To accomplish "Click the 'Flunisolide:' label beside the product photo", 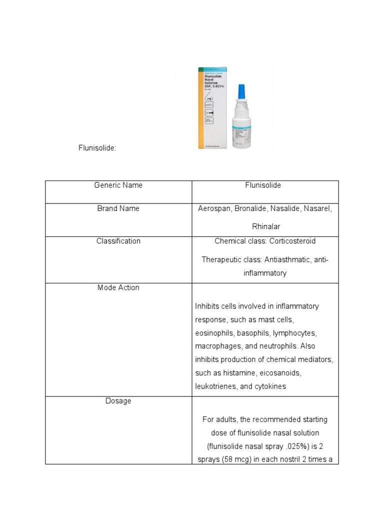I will click(x=97, y=148).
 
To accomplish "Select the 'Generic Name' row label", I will click(x=118, y=185).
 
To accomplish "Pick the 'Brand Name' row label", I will click(x=118, y=208).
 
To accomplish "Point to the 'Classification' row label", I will click(x=118, y=241).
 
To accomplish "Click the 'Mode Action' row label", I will click(x=118, y=287).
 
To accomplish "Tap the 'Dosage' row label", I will click(x=118, y=401).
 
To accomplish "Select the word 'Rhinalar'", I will click(x=265, y=226).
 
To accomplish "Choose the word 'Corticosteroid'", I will click(x=292, y=241).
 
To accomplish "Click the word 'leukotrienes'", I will click(x=216, y=386).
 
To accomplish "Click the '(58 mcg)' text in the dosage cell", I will click(x=236, y=459).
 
